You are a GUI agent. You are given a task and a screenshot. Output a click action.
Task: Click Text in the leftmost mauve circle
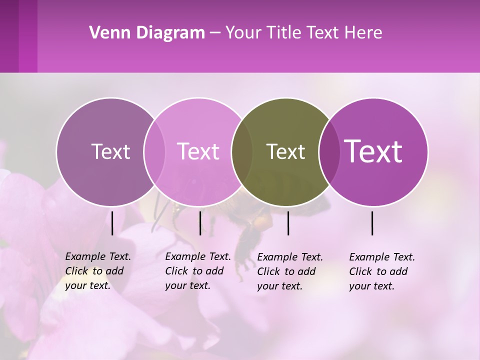tap(110, 152)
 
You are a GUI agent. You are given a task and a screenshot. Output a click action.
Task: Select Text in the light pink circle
tap(198, 152)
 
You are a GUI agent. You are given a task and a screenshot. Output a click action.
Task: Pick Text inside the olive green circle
tap(285, 152)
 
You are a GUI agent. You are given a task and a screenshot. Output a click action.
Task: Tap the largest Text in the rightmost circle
tap(373, 152)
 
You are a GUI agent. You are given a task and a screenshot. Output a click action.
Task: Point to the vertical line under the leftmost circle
tap(112, 223)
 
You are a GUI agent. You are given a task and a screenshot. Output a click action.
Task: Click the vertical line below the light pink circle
tap(200, 223)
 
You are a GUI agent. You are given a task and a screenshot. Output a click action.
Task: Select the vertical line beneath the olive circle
tap(288, 223)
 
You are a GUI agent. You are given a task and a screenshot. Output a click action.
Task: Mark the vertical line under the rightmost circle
tap(372, 223)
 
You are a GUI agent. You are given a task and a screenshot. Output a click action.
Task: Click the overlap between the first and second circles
tap(154, 152)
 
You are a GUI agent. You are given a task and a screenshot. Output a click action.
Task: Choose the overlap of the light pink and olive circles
tap(242, 152)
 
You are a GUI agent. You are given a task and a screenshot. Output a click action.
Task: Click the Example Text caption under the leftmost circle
tap(97, 271)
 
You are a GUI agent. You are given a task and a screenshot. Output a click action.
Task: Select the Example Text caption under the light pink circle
tap(197, 271)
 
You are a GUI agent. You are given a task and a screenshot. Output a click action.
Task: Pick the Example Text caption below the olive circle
tap(289, 271)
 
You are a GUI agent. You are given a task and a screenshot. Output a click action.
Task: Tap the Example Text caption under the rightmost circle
tap(381, 271)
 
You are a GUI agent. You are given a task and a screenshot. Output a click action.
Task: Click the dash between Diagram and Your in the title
tap(215, 33)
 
